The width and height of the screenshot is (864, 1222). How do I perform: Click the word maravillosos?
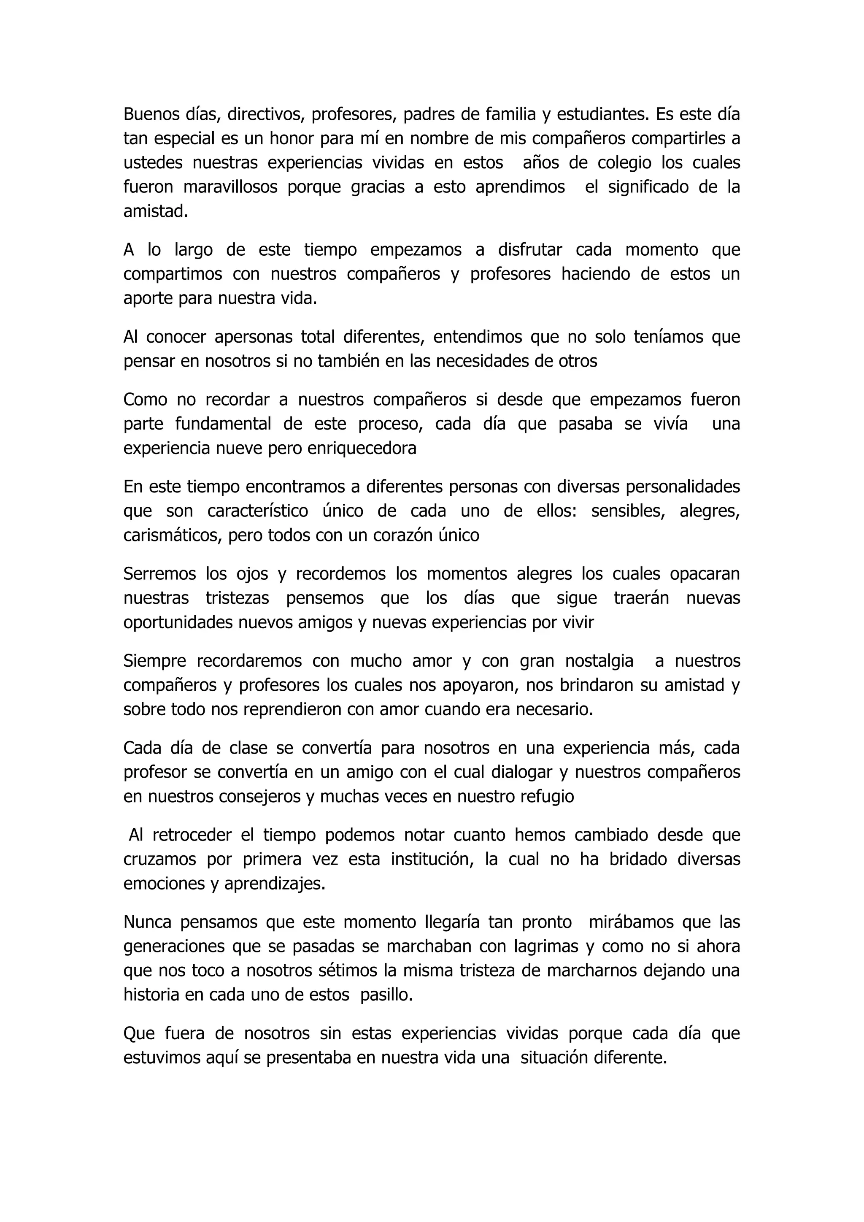click(230, 187)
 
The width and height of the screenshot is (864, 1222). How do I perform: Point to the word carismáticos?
click(172, 535)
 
